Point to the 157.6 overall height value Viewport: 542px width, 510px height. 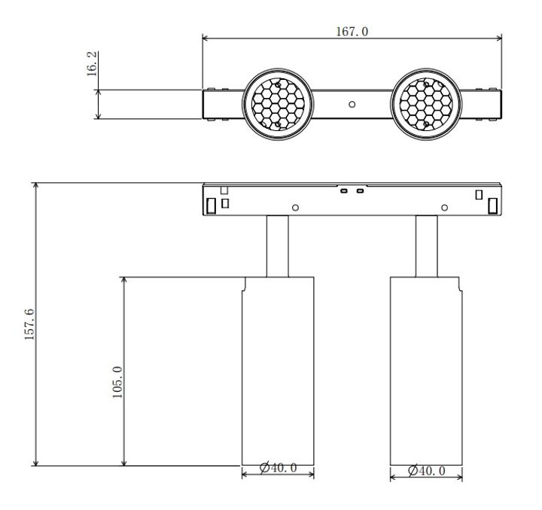tap(29, 324)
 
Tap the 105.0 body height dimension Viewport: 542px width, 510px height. tap(117, 383)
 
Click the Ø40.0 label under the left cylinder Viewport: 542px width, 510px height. tap(278, 469)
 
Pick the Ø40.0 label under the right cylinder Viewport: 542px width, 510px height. tap(426, 471)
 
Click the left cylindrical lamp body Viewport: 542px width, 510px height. tap(277, 369)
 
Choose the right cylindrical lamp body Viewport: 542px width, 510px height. tap(426, 369)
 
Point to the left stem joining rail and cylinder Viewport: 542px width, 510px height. tap(277, 246)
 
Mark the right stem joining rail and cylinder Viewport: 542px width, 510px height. tap(427, 246)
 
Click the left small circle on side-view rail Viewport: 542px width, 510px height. tap(296, 207)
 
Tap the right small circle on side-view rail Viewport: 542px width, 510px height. tap(445, 207)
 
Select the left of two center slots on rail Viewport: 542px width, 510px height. tap(343, 191)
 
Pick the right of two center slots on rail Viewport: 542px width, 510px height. tap(360, 191)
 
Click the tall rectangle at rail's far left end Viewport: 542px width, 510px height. tap(212, 205)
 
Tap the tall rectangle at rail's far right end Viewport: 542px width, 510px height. tap(492, 205)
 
